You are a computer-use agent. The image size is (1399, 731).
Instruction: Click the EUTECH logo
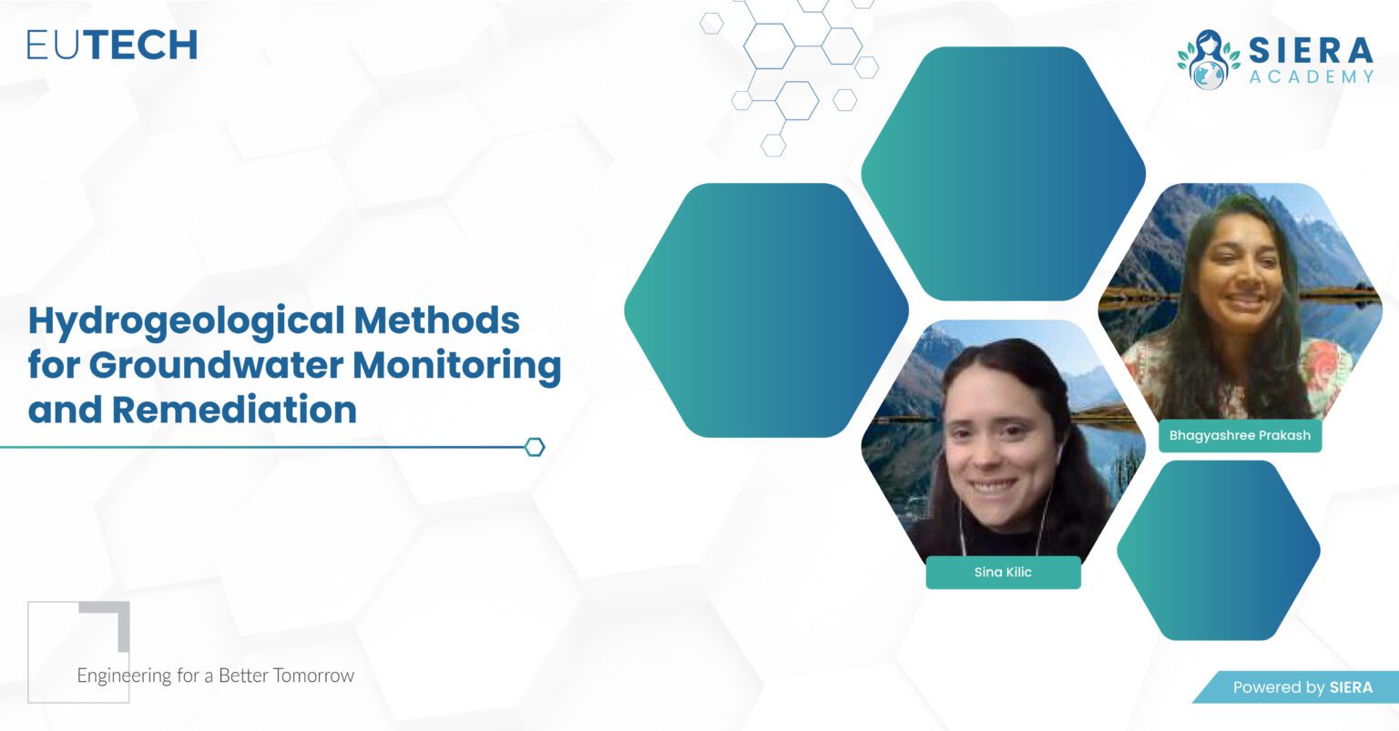click(x=112, y=45)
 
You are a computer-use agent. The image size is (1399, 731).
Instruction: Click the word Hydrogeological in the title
click(x=187, y=320)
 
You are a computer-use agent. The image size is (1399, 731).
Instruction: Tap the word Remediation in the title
click(x=234, y=410)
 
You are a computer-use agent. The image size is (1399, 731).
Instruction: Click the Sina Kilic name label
click(x=1003, y=573)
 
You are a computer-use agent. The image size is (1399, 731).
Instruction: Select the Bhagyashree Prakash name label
click(x=1240, y=435)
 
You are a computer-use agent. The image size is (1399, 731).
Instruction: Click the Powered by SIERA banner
click(x=1302, y=687)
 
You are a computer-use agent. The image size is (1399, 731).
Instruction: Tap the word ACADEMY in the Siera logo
click(x=1312, y=76)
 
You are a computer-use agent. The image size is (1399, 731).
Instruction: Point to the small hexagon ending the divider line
click(x=535, y=447)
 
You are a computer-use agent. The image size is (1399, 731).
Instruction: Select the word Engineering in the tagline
click(x=124, y=675)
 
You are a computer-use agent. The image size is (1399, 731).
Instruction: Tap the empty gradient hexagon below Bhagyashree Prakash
click(x=1218, y=550)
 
